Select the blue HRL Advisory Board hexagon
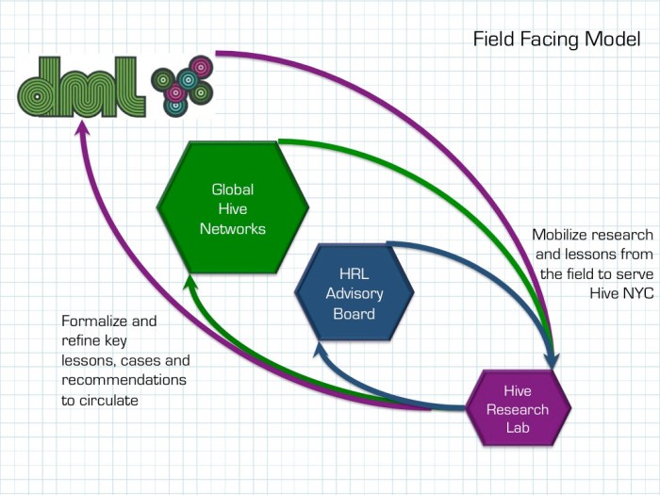354,292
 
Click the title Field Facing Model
556,40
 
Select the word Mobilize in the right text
563,235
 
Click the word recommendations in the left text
124,379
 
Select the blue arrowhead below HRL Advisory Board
320,351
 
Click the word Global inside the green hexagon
232,190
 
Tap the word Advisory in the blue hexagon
354,292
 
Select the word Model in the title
616,40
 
